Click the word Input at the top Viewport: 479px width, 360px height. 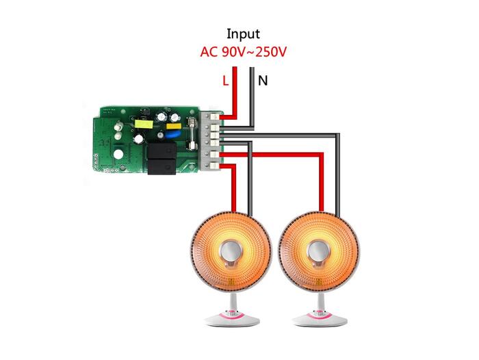click(244, 33)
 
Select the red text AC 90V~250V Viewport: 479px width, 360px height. click(243, 51)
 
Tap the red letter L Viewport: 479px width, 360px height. click(226, 81)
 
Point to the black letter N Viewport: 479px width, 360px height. click(262, 81)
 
